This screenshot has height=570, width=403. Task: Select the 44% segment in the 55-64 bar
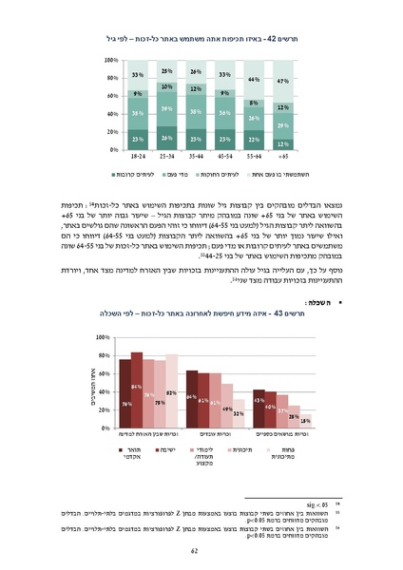[255, 79]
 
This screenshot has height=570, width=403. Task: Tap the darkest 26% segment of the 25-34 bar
[166, 140]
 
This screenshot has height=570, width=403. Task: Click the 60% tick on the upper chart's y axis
[113, 96]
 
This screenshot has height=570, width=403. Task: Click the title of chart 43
[201, 312]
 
